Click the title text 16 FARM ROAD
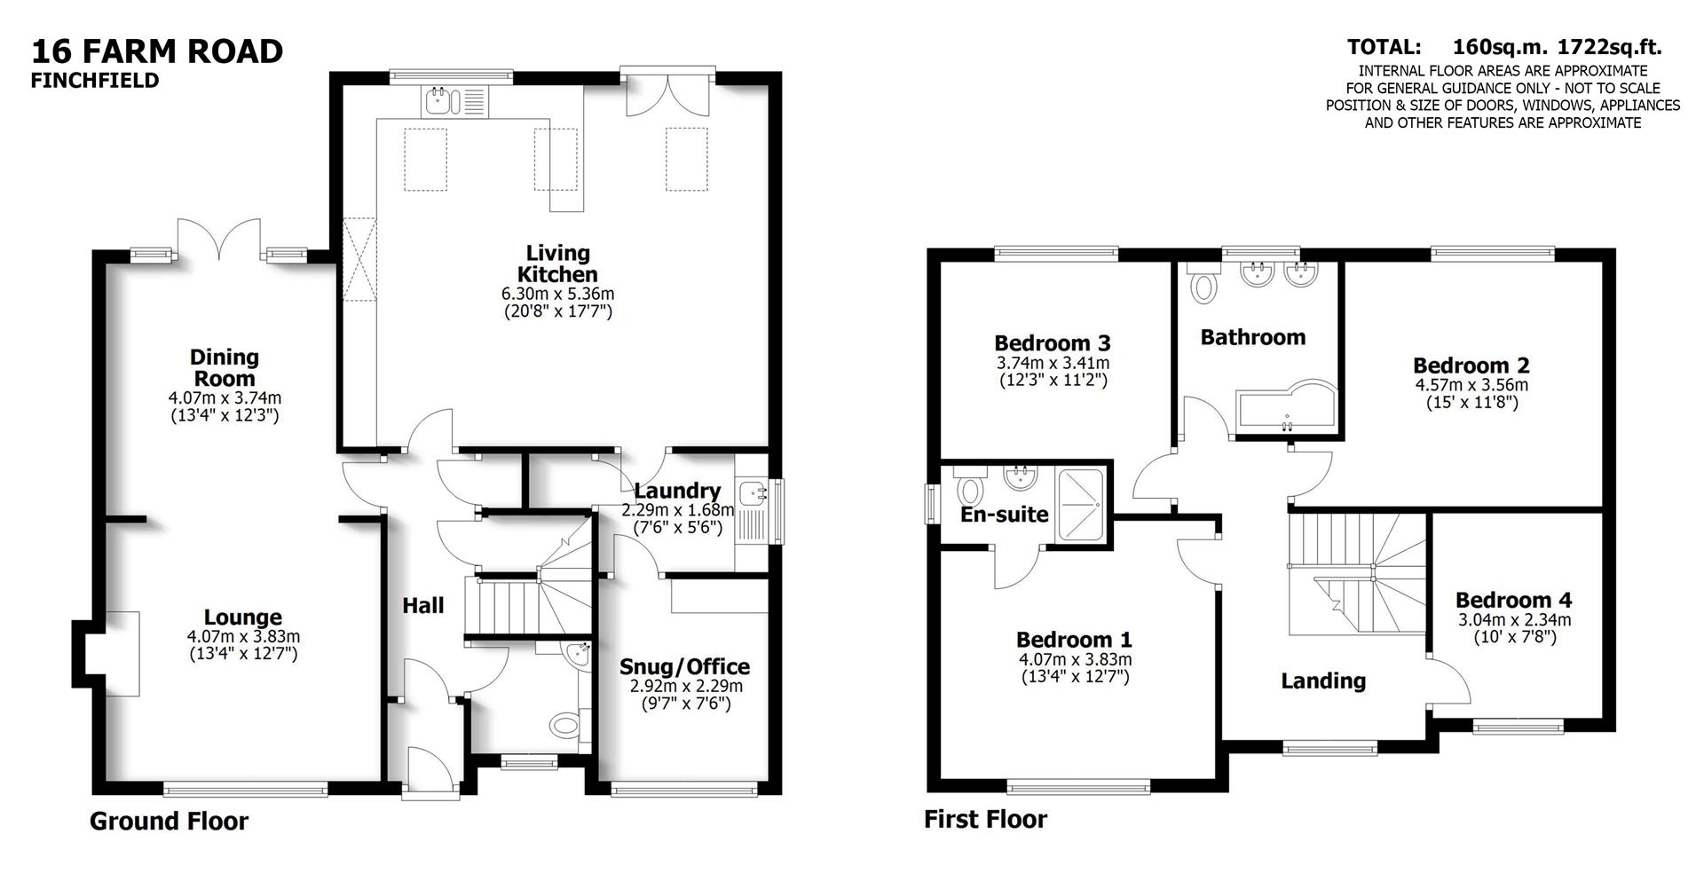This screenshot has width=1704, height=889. click(157, 51)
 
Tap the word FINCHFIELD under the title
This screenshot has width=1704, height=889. click(95, 81)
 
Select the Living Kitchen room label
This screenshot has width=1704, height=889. click(557, 264)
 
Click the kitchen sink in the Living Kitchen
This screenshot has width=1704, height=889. click(440, 101)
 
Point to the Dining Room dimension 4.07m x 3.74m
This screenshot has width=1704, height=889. click(225, 397)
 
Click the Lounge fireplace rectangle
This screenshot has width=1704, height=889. click(123, 654)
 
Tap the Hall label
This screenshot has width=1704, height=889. click(422, 606)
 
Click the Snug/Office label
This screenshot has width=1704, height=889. click(684, 667)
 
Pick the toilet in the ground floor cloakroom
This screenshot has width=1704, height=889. click(564, 726)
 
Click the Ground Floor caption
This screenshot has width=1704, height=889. click(169, 822)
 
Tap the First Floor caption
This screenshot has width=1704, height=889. click(985, 819)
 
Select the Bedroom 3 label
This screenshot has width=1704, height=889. click(1053, 343)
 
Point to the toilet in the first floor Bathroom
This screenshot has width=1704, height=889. click(1204, 285)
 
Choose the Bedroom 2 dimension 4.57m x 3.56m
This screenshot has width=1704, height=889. click(1471, 385)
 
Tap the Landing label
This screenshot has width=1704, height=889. click(1322, 681)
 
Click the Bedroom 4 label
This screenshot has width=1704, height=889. click(1513, 601)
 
